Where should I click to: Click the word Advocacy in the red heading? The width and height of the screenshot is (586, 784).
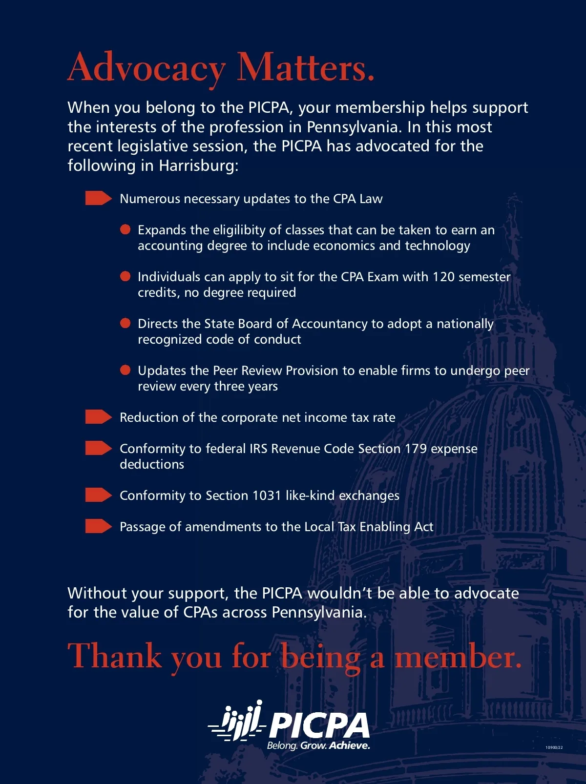click(146, 68)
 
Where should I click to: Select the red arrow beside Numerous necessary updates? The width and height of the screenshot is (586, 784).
click(98, 198)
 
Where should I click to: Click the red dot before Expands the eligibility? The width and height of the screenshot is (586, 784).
click(126, 229)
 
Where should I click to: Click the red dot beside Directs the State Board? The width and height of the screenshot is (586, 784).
click(126, 323)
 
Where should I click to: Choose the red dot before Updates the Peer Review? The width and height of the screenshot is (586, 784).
click(126, 370)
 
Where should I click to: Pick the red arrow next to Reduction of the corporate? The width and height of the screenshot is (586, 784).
click(98, 417)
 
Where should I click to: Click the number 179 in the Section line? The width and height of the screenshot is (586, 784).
click(416, 449)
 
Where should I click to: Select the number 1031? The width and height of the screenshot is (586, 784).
click(267, 495)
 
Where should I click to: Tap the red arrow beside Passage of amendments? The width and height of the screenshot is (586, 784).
click(98, 526)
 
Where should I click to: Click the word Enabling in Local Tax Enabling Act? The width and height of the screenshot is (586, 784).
click(385, 527)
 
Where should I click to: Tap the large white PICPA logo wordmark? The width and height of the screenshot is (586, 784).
click(319, 725)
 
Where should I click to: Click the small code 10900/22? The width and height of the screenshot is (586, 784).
click(554, 747)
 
